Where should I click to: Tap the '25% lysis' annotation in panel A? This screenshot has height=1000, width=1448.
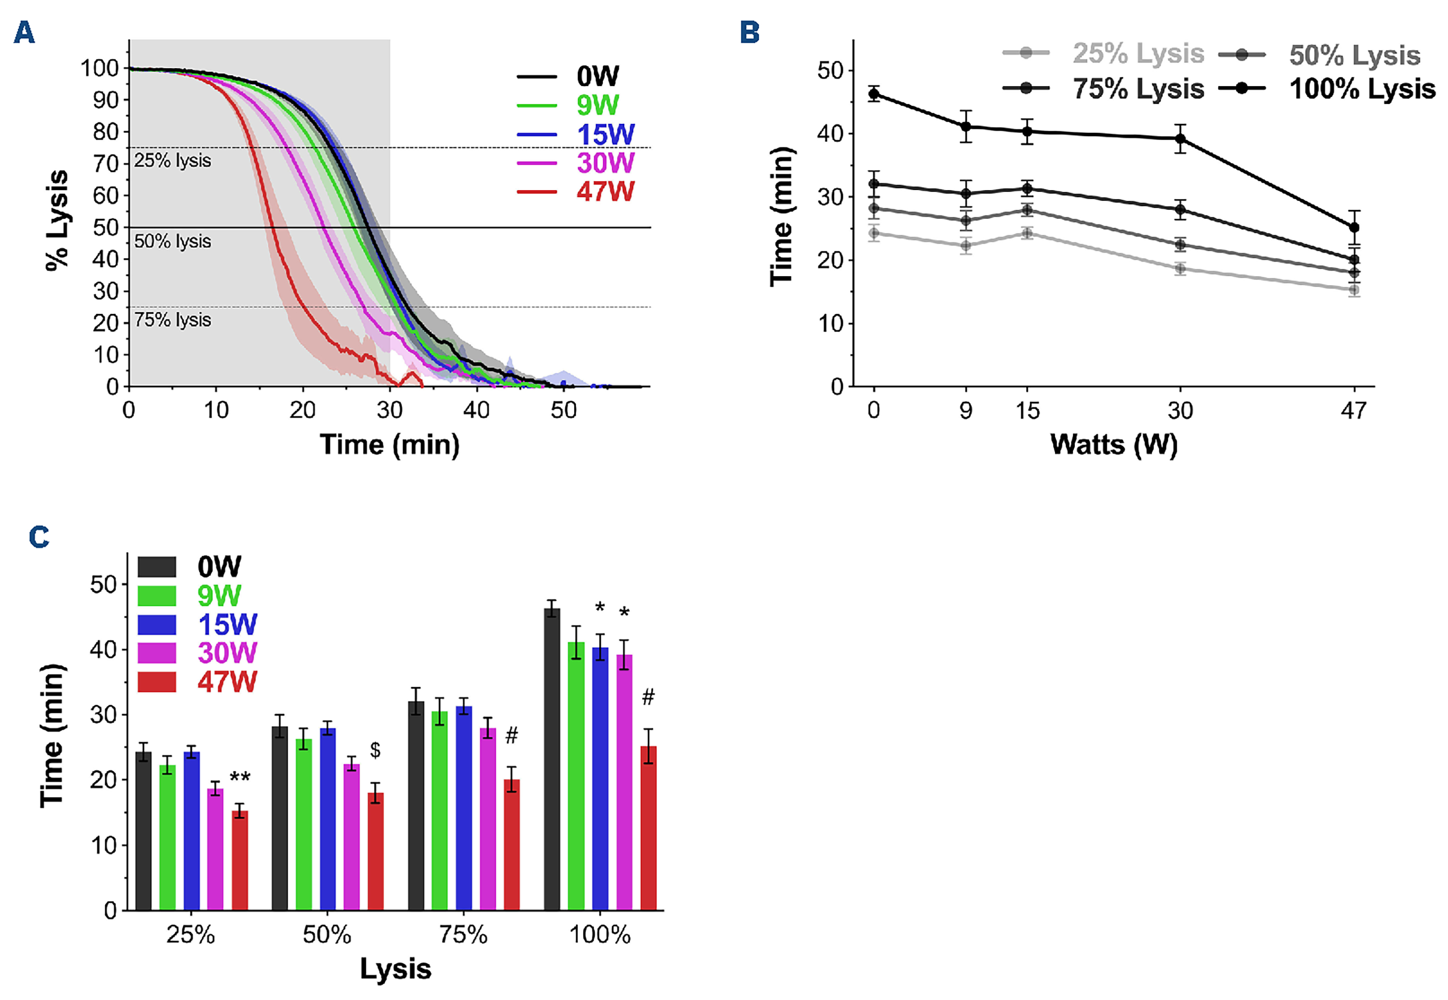(172, 161)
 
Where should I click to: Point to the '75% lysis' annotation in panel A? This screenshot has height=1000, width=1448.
(172, 320)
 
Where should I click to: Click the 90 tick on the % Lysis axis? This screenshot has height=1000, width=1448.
(106, 100)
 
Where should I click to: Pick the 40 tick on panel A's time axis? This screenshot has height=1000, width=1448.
(476, 410)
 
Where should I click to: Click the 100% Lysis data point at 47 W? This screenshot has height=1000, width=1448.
(1354, 227)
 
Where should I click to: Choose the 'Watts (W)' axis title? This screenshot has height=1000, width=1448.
(1113, 445)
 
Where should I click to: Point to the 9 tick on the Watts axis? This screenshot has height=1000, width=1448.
(966, 411)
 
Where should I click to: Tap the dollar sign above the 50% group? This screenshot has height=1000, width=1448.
(375, 750)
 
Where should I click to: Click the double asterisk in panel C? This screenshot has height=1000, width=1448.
(240, 778)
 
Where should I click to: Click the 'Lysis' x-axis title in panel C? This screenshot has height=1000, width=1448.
(396, 969)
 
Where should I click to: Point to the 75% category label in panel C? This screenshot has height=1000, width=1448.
(463, 935)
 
